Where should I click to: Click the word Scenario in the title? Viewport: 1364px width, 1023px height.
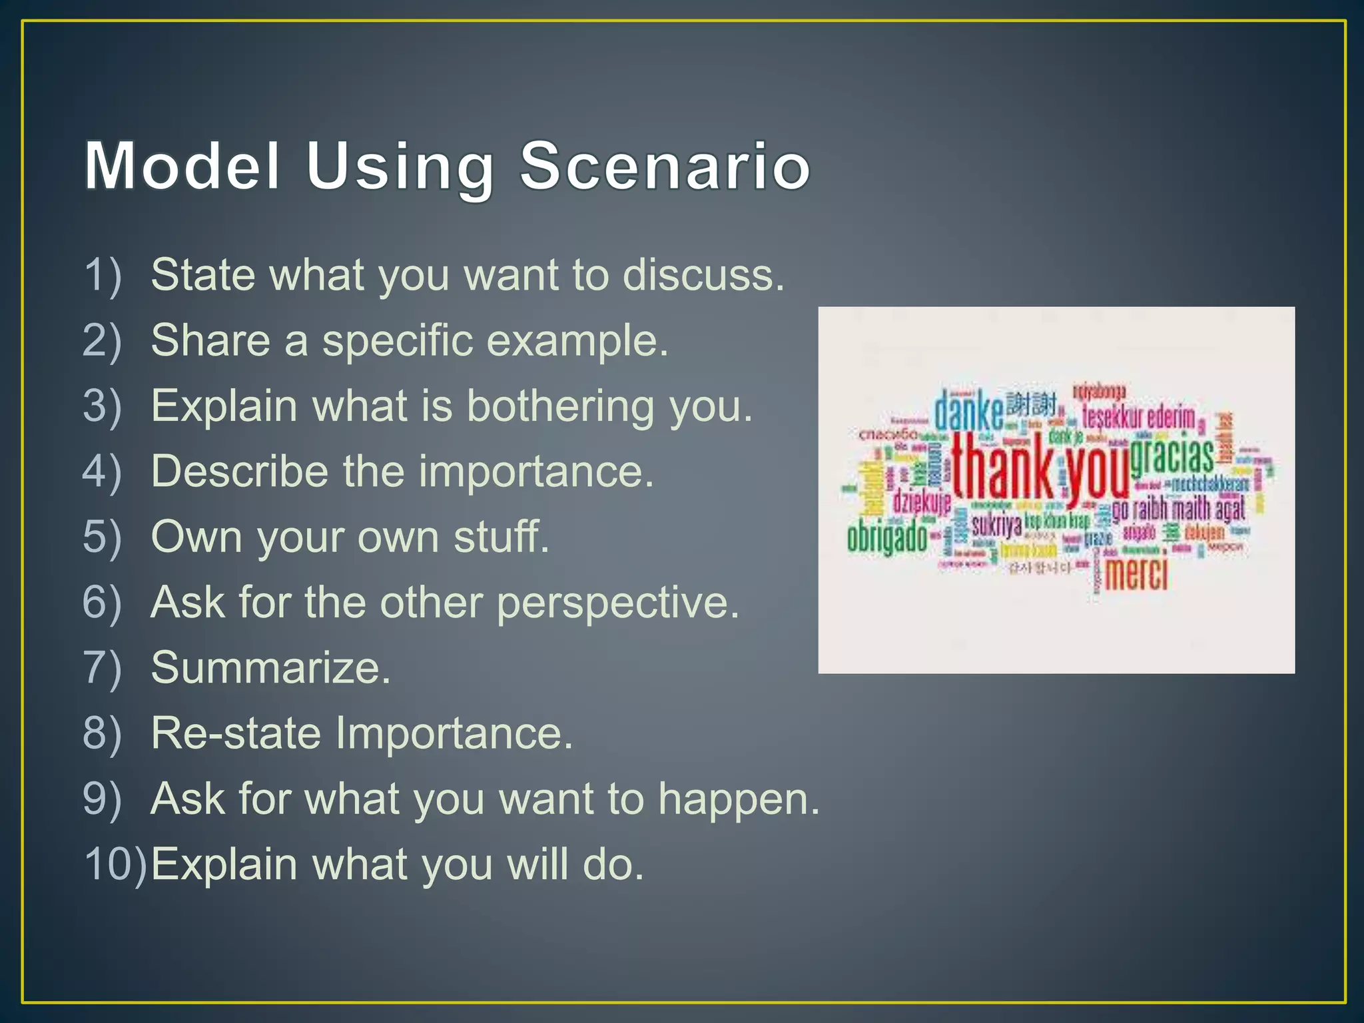point(665,166)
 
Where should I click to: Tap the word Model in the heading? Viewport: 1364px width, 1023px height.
point(182,166)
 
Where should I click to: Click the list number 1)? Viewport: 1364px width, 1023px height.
point(103,274)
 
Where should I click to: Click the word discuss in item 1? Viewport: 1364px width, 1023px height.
point(703,274)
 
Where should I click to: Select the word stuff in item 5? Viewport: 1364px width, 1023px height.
point(502,537)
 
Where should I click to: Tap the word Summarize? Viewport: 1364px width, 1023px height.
point(270,667)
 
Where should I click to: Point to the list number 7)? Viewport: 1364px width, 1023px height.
point(103,667)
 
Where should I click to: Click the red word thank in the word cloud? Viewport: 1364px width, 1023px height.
point(1002,466)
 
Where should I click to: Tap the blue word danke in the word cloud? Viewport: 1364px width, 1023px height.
point(968,412)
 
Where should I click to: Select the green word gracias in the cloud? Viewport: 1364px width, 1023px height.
point(1172,457)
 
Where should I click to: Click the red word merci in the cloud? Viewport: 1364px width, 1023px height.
point(1136,573)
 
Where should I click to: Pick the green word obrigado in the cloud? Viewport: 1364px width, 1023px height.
point(886,537)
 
